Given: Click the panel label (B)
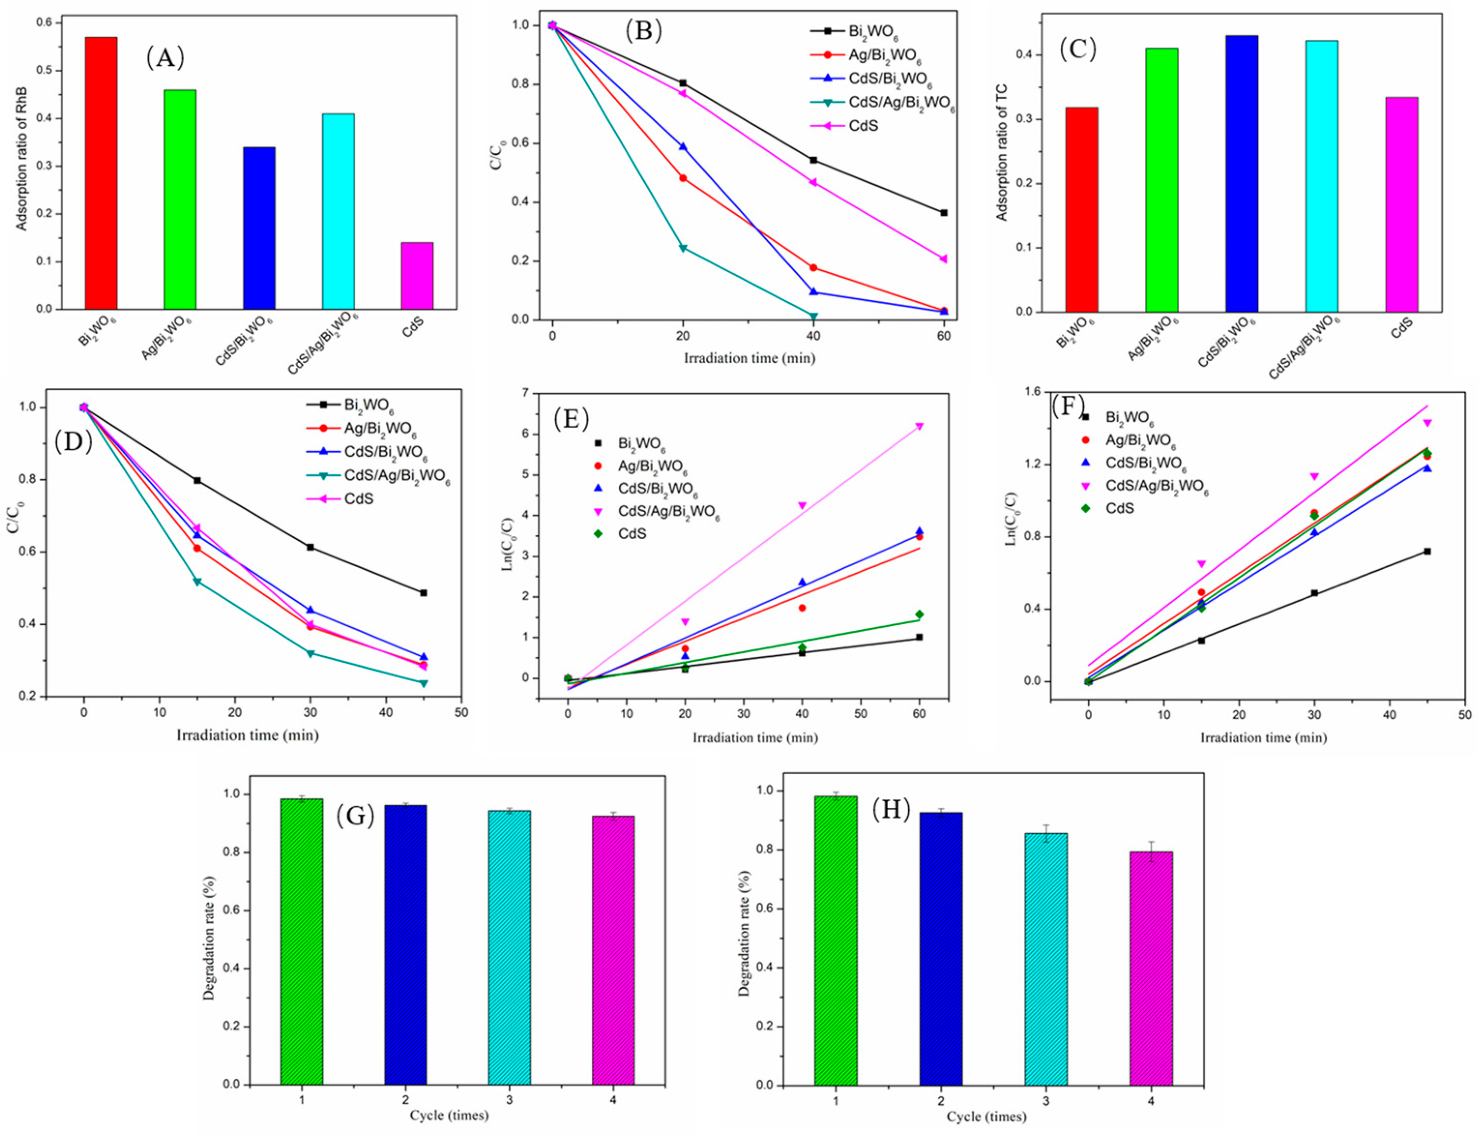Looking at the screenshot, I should coord(643,30).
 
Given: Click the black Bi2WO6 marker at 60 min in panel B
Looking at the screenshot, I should coord(943,213).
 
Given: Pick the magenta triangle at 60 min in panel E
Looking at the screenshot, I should coord(919,427).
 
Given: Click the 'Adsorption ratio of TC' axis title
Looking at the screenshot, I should coord(1002,152).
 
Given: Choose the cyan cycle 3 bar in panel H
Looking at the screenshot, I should coord(1045,958).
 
